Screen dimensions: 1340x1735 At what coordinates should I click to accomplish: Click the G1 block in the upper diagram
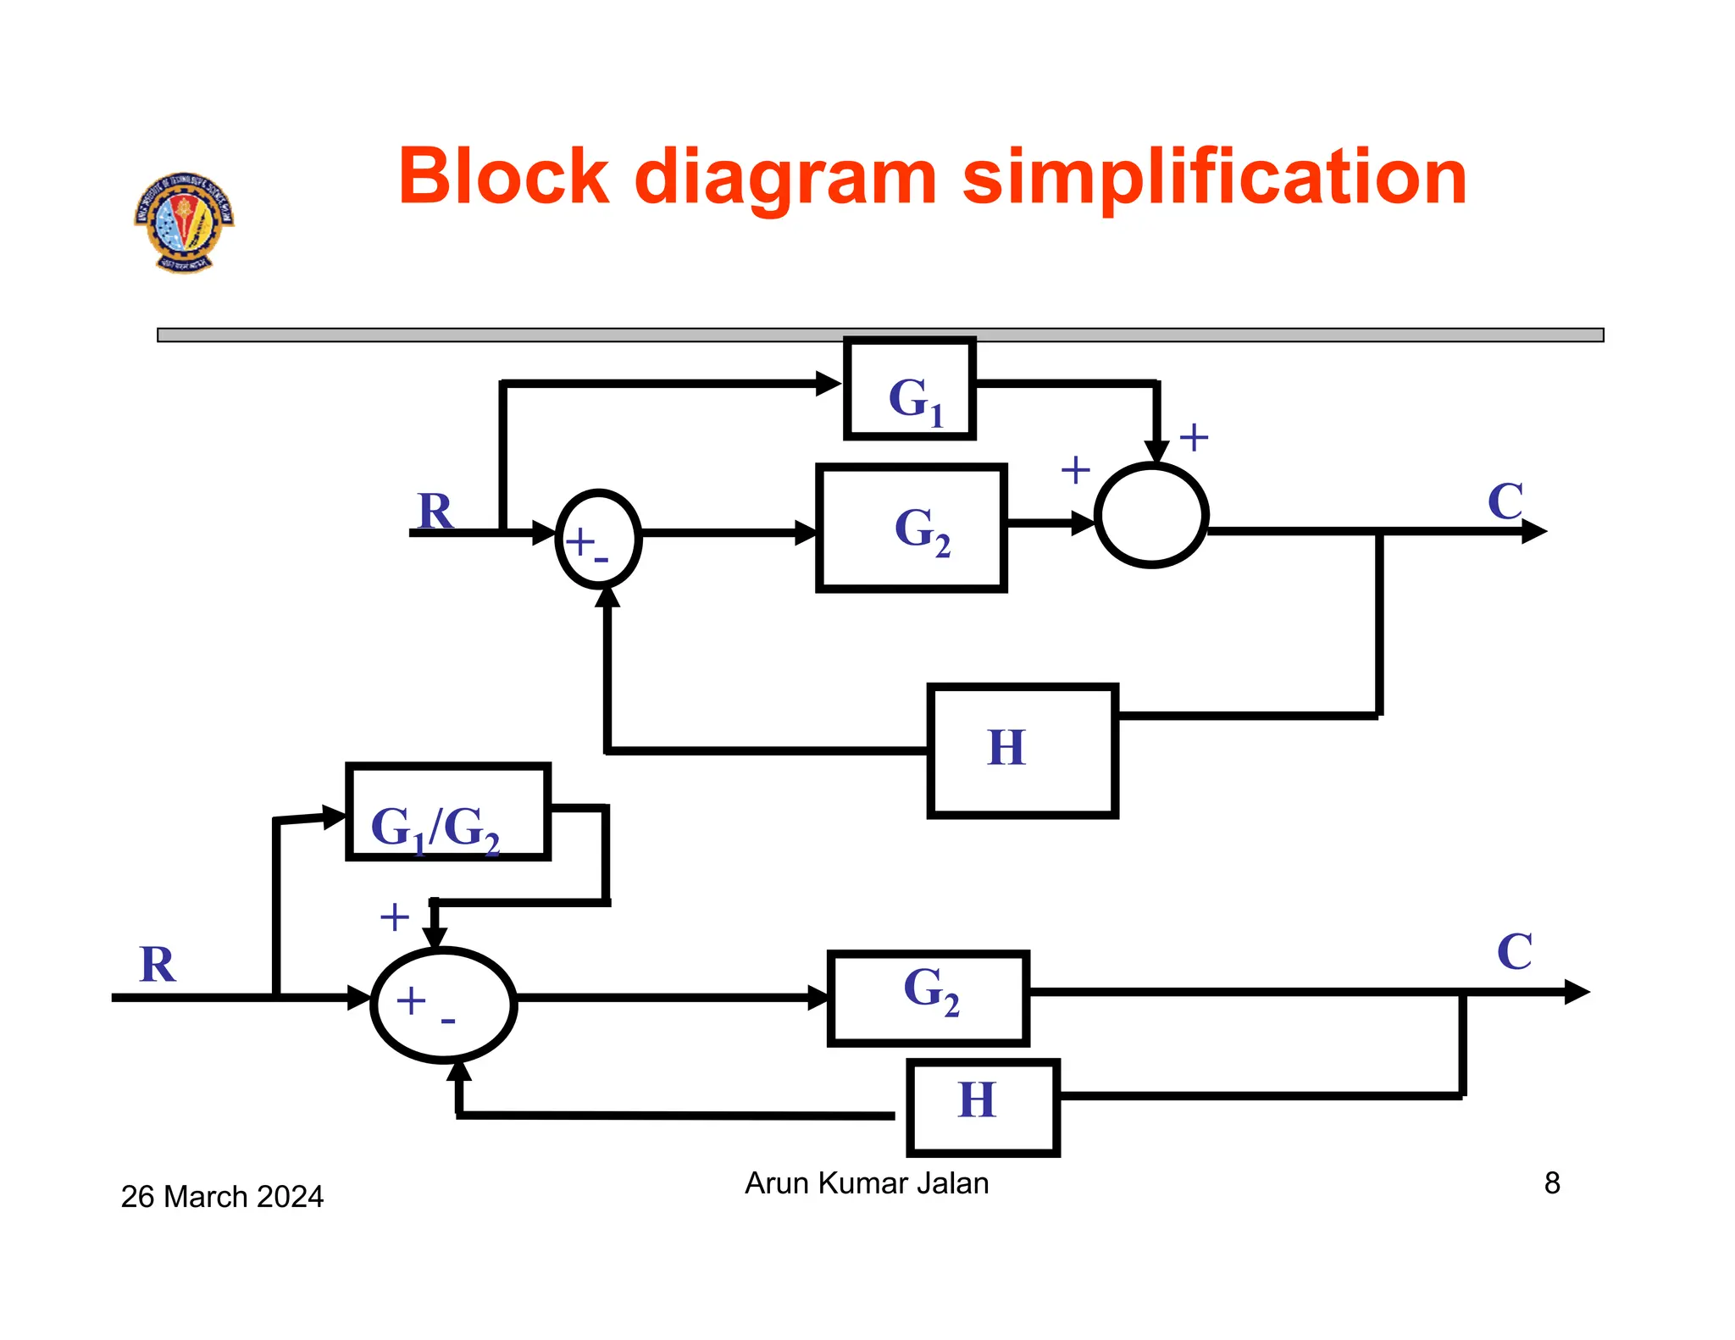click(x=910, y=390)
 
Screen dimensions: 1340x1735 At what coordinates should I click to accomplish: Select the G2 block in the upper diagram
click(x=912, y=527)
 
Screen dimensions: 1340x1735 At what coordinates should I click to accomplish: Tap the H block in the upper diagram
click(x=1023, y=750)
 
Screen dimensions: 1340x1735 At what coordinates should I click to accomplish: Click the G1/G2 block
click(x=448, y=812)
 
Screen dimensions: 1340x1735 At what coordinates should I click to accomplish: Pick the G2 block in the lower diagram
click(x=928, y=998)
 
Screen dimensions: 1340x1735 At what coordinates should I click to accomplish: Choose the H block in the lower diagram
click(x=983, y=1107)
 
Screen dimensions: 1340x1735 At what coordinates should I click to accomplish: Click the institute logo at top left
click(x=184, y=222)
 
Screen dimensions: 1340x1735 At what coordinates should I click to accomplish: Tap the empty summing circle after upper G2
click(x=1151, y=515)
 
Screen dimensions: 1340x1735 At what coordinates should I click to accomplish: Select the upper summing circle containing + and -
click(x=598, y=539)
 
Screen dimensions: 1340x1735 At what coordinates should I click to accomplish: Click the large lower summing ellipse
click(x=444, y=1005)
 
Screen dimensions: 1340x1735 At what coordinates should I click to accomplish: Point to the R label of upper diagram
click(x=435, y=512)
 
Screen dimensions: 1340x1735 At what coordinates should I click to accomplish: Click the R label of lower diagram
click(x=158, y=965)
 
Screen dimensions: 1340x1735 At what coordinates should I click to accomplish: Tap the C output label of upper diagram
click(x=1505, y=501)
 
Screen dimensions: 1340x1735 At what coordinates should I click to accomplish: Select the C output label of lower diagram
click(x=1515, y=952)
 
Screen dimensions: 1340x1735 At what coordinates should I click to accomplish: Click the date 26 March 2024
click(x=222, y=1196)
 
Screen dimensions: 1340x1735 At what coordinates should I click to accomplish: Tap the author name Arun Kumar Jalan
click(x=867, y=1182)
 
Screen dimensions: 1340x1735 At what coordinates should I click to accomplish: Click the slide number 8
click(x=1551, y=1182)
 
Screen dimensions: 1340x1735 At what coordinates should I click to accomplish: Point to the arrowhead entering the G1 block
click(x=829, y=384)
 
